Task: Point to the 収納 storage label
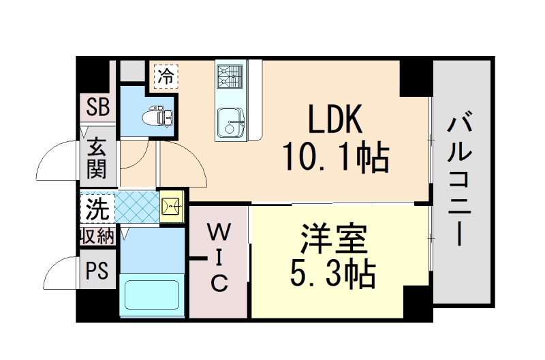pyautogui.click(x=96, y=237)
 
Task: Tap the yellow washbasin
pyautogui.click(x=171, y=206)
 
